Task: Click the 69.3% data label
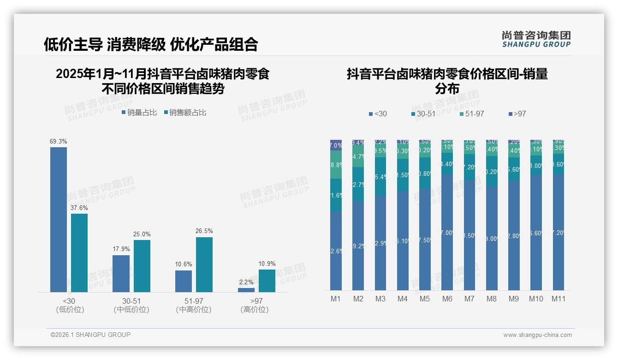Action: [59, 142]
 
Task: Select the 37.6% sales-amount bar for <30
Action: [79, 252]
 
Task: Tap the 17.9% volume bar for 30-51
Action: [121, 273]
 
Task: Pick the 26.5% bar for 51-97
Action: [204, 264]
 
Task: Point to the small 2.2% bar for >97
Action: [246, 290]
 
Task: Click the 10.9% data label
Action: [267, 264]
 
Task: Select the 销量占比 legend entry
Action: [139, 113]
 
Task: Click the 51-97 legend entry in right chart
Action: [471, 114]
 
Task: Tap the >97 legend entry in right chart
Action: [517, 114]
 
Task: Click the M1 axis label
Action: [336, 299]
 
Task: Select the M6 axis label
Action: [447, 299]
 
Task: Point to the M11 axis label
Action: [559, 299]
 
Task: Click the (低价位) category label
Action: [70, 310]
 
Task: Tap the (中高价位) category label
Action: [194, 310]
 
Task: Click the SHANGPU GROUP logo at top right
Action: [536, 39]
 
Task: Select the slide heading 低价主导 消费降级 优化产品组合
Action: [151, 44]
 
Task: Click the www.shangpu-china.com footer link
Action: [537, 335]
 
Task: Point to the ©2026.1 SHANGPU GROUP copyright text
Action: [90, 335]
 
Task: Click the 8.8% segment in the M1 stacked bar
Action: [336, 165]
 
